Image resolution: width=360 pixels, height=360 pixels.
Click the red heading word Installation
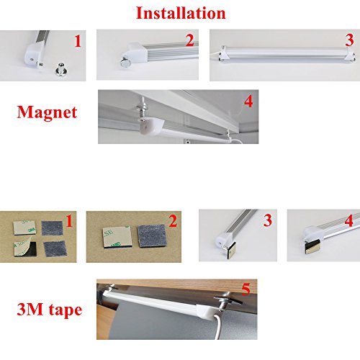coord(181,13)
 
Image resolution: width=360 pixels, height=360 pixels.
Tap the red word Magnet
coord(47,112)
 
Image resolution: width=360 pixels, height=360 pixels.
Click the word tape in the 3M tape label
coord(66,310)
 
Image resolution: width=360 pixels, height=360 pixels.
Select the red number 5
coord(246,289)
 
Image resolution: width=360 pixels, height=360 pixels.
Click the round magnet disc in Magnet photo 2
coord(125,63)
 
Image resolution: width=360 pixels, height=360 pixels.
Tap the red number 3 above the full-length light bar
coord(349,40)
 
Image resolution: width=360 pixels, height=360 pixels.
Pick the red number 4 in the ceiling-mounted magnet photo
coord(248,102)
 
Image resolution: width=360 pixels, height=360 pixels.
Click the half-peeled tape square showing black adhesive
coord(24,248)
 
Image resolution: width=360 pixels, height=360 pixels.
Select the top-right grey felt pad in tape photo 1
coord(52,228)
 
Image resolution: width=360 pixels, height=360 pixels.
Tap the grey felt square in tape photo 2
coord(152,235)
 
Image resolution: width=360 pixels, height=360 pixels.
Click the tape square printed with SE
coord(117,237)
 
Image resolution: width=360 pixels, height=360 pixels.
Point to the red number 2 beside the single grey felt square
coord(174,221)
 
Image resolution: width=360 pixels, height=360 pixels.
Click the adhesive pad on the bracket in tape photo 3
coord(230,251)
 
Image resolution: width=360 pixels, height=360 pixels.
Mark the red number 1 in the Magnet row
coord(78,41)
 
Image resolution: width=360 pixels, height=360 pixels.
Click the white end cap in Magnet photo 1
coord(31,55)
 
